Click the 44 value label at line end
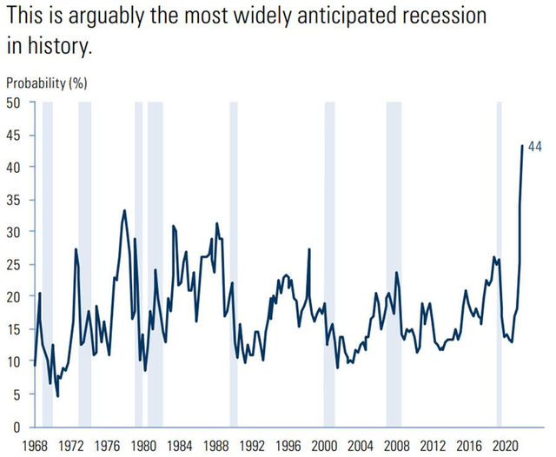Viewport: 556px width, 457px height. (535, 147)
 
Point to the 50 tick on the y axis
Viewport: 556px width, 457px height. (15, 102)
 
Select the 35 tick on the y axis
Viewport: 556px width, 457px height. (15, 200)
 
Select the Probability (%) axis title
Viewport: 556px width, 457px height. (47, 83)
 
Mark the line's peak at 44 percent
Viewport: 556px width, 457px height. (522, 146)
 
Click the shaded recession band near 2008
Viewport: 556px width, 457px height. (394, 261)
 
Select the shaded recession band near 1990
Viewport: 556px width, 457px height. (234, 261)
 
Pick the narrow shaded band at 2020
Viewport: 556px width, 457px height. (500, 261)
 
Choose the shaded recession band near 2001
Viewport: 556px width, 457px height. (329, 261)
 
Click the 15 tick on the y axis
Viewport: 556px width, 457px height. (15, 330)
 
